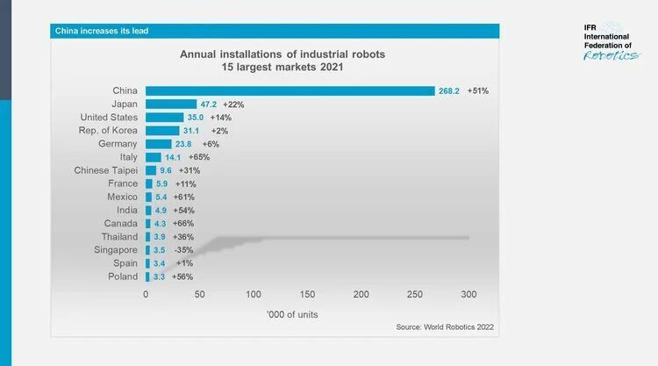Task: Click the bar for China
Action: pyautogui.click(x=290, y=90)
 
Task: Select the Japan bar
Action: pyautogui.click(x=170, y=104)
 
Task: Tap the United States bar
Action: pyautogui.click(x=164, y=117)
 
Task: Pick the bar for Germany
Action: pyautogui.click(x=158, y=144)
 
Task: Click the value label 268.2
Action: pyautogui.click(x=449, y=90)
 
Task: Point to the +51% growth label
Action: pyautogui.click(x=478, y=90)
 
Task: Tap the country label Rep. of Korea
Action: pyautogui.click(x=108, y=131)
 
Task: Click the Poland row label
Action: pyautogui.click(x=123, y=276)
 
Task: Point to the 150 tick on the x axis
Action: pyautogui.click(x=307, y=295)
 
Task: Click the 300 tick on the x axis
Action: pyautogui.click(x=468, y=295)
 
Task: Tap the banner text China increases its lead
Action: pyautogui.click(x=102, y=32)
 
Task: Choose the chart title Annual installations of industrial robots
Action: pyautogui.click(x=282, y=54)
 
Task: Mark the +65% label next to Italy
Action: pyautogui.click(x=198, y=157)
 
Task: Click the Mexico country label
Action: pyautogui.click(x=122, y=197)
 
